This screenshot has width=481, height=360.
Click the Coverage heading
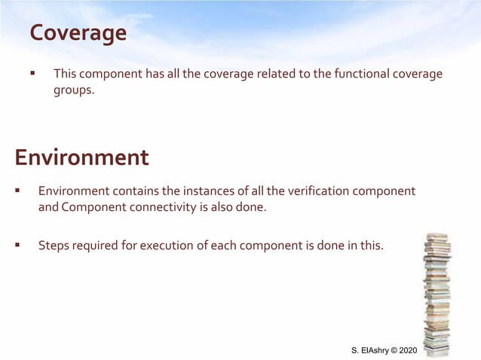coord(78,34)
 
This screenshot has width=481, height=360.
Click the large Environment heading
coord(81,157)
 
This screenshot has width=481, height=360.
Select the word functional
coord(336,74)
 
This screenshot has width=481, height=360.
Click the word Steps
coord(54,244)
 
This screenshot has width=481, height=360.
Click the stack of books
coord(437,294)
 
